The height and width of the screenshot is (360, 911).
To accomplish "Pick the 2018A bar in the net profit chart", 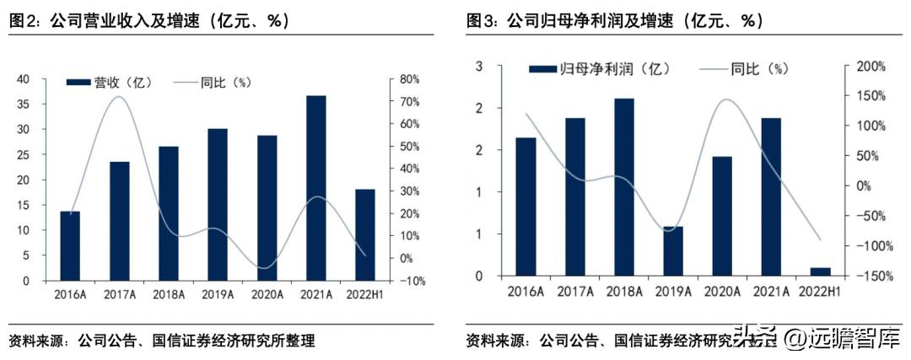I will (624, 187).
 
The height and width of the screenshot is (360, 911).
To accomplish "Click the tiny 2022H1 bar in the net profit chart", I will (820, 271).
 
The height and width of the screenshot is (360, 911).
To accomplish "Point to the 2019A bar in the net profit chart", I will (673, 250).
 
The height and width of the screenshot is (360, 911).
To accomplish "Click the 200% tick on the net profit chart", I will (869, 66).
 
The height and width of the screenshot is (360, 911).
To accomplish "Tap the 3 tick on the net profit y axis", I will (479, 66).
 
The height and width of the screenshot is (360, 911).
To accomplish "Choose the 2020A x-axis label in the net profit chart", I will (723, 292).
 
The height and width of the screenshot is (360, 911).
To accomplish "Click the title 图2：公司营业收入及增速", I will (148, 22).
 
